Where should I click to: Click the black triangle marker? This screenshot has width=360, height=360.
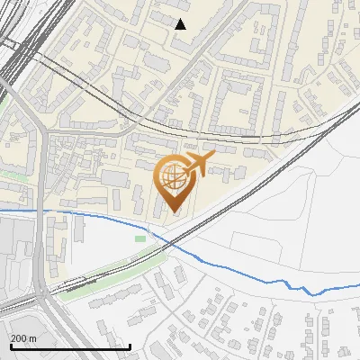(181, 24)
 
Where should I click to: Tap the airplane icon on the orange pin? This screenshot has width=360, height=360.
(195, 163)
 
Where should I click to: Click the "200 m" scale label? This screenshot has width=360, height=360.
(23, 337)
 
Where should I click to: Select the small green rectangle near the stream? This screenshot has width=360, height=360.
(140, 238)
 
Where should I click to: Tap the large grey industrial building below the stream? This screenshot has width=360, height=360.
(15, 247)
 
